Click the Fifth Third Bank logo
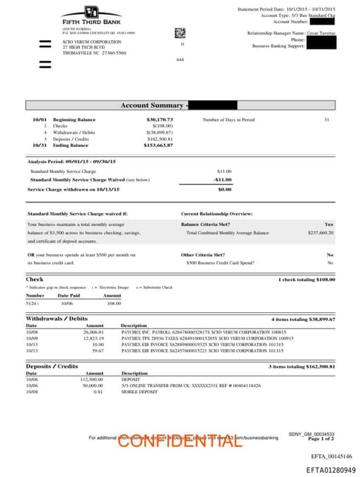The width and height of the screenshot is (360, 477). coord(92,15)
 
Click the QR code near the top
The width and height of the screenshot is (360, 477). coord(179,32)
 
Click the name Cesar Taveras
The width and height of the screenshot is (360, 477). coord(321,33)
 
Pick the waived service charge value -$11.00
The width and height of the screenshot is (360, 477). coord(223,179)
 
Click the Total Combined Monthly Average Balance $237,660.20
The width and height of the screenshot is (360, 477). coord(321,232)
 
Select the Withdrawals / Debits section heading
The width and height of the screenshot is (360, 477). coord(57,319)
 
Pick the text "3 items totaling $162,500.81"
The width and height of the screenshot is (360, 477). coord(302,367)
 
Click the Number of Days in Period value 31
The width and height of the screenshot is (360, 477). coord(326,120)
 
